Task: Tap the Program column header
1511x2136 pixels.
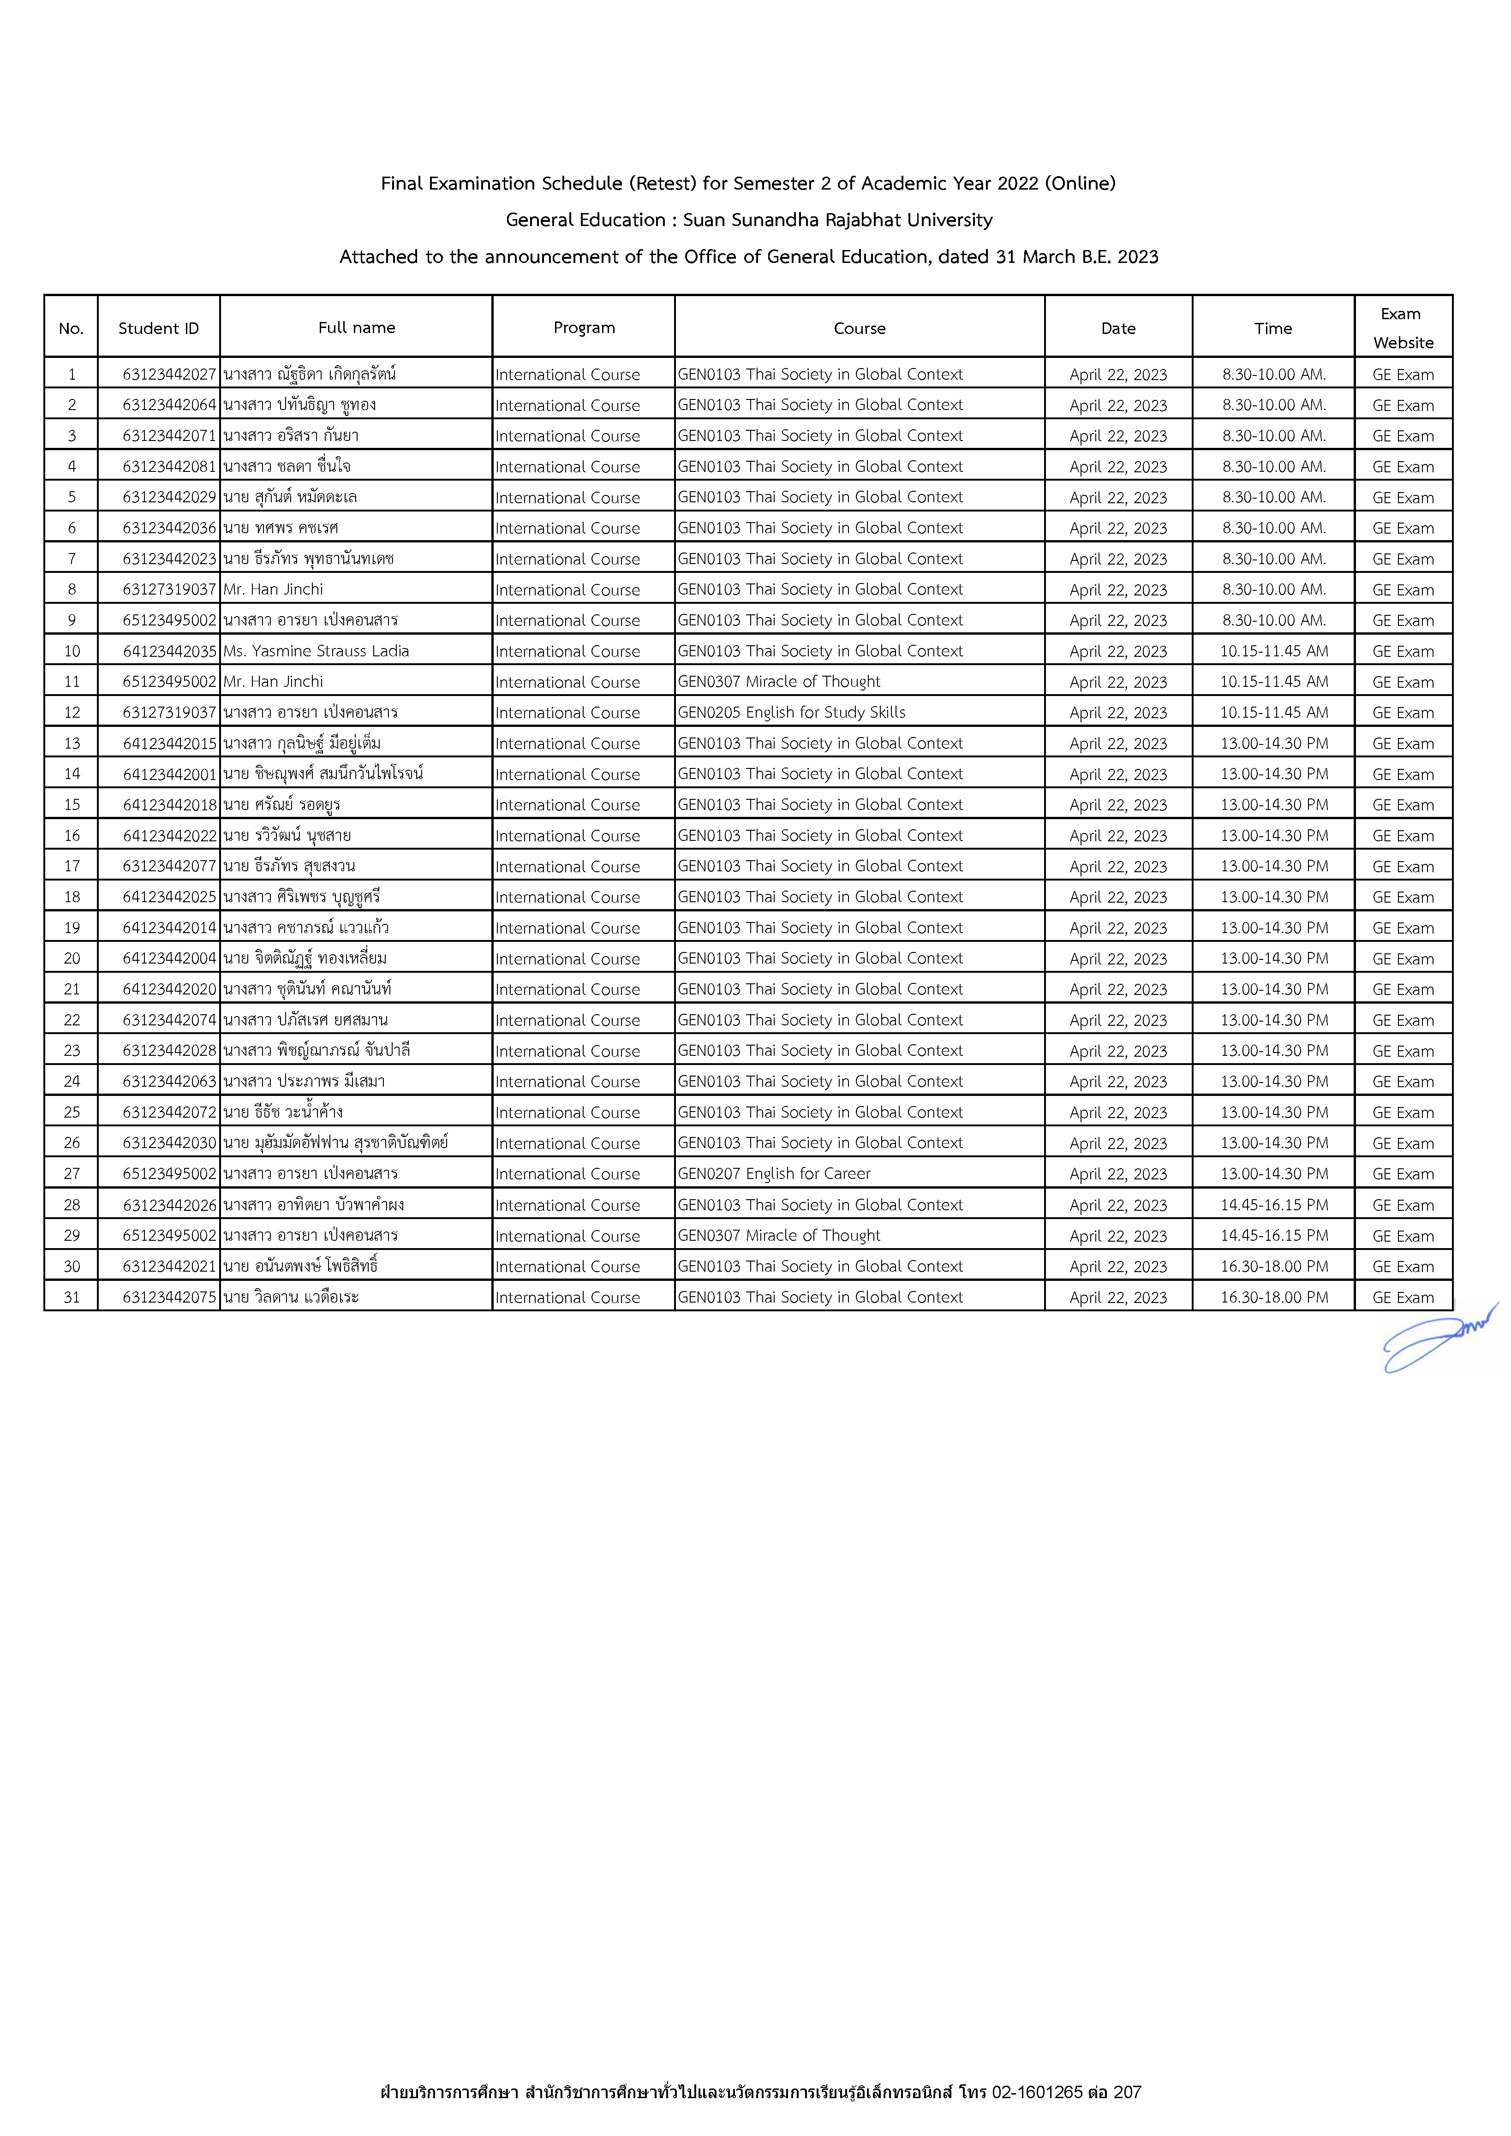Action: (x=583, y=327)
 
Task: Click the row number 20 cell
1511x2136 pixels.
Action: (x=72, y=958)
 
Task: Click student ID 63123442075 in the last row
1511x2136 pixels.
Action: (x=168, y=1297)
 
